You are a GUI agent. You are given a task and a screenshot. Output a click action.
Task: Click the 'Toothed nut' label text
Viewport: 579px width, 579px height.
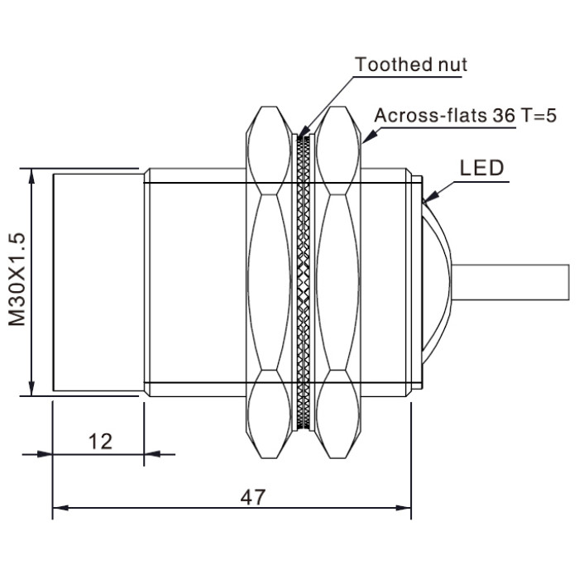[410, 65]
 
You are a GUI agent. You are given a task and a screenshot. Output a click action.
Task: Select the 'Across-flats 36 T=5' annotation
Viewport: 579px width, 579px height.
[465, 115]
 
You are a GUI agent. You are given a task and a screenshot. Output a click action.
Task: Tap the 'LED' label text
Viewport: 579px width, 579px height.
[481, 168]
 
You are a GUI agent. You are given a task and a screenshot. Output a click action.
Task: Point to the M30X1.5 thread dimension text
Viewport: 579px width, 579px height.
[17, 280]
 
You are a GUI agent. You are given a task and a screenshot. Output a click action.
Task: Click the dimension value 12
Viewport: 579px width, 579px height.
[100, 441]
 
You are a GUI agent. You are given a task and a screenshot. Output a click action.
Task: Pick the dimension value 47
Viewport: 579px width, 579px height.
[253, 497]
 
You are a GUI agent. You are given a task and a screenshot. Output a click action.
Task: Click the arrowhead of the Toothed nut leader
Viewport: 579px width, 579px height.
[304, 132]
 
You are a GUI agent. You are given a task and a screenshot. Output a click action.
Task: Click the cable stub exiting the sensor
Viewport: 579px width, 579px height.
[510, 283]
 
